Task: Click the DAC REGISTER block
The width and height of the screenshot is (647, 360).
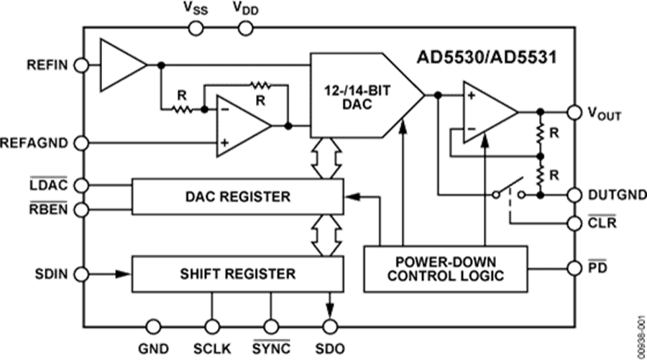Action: tap(237, 196)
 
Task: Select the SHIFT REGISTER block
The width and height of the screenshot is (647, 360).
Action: tap(237, 273)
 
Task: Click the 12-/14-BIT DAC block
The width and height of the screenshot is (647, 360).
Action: tap(359, 95)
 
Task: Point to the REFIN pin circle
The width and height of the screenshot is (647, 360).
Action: tap(83, 65)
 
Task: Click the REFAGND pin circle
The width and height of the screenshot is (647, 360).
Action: tap(83, 143)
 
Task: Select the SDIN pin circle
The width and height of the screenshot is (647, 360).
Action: tap(83, 273)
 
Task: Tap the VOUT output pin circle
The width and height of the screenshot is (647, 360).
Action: tap(574, 112)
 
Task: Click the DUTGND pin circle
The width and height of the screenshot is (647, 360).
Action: tap(574, 195)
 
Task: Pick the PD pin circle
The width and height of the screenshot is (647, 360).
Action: tap(574, 268)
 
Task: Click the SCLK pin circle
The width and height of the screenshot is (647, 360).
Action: tap(211, 326)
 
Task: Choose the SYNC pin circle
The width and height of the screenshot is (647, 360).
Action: tap(270, 326)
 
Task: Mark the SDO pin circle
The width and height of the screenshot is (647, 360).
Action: tap(330, 326)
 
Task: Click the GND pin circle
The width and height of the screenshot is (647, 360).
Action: tap(152, 326)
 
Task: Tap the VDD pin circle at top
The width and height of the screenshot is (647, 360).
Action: tap(246, 27)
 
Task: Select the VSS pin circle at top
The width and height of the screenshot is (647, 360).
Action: tap(194, 27)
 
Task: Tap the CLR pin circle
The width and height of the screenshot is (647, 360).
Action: tap(574, 223)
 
